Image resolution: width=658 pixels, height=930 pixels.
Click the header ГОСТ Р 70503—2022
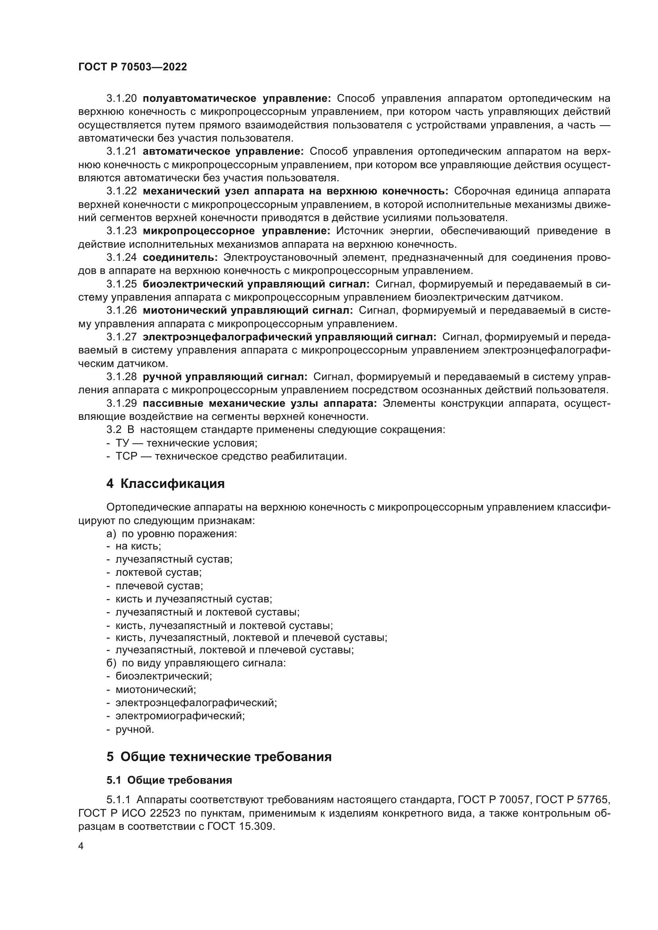(x=132, y=67)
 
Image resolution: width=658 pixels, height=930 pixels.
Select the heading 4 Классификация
(x=165, y=483)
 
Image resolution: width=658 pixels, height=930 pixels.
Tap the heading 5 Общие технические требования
(x=219, y=757)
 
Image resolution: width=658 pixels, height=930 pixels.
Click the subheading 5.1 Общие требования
(x=169, y=780)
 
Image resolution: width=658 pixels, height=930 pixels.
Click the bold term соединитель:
(x=180, y=258)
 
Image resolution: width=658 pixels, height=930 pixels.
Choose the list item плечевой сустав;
(x=159, y=586)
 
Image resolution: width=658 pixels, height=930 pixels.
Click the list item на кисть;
(x=138, y=546)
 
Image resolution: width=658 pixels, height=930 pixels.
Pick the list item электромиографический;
(x=180, y=716)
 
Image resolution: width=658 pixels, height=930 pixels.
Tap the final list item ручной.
(x=134, y=730)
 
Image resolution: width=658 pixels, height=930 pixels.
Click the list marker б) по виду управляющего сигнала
(x=196, y=663)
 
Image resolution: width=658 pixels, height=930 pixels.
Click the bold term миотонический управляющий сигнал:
(x=247, y=311)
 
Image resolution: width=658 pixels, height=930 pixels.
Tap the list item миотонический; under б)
(x=156, y=689)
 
